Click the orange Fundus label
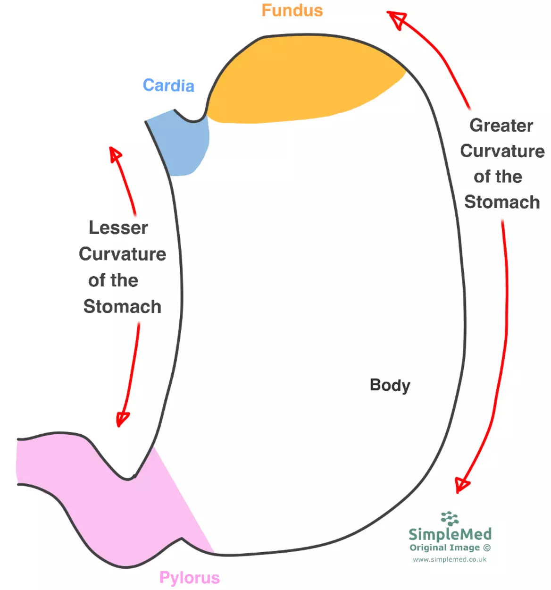click(292, 10)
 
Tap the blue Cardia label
click(168, 85)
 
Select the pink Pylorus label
click(189, 577)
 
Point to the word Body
click(390, 385)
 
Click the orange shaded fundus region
click(302, 80)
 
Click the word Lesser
click(118, 228)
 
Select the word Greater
click(501, 126)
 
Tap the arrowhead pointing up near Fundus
click(397, 18)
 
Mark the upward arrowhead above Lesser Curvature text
click(115, 154)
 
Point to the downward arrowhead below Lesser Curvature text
click(122, 419)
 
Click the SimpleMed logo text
click(450, 534)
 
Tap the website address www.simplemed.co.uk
click(449, 559)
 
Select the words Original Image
click(444, 548)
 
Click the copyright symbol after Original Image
click(487, 548)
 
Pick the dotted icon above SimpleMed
click(450, 518)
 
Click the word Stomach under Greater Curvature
click(502, 202)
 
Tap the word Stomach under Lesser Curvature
click(122, 307)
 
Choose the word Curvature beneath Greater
click(502, 151)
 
